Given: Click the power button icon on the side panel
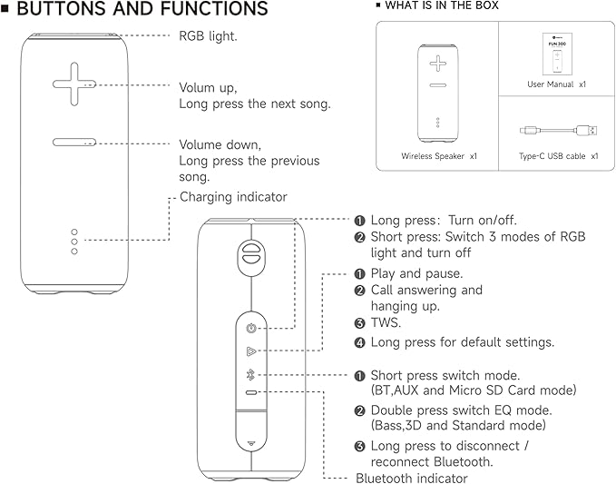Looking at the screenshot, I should click(x=250, y=328).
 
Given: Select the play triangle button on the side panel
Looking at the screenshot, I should click(x=250, y=351).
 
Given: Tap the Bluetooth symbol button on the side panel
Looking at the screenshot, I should click(x=250, y=375).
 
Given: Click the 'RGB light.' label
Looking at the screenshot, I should click(x=208, y=36).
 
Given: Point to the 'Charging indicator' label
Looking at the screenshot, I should click(x=233, y=196).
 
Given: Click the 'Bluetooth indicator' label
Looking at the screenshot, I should click(x=412, y=478).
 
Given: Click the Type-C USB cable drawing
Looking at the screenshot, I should click(x=558, y=132).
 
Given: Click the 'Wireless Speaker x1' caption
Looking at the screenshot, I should click(x=439, y=156).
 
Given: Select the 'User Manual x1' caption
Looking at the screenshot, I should click(x=556, y=84).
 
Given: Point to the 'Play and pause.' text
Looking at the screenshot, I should click(x=416, y=273).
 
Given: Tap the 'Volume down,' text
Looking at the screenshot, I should click(x=220, y=144).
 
